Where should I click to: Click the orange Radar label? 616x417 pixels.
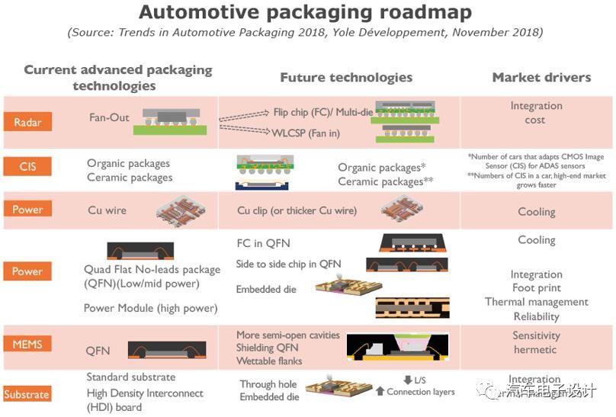pos(27,123)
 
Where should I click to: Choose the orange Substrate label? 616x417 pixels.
pos(27,394)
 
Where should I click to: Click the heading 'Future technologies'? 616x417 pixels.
pos(346,78)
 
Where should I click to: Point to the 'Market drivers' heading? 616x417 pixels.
pos(541,78)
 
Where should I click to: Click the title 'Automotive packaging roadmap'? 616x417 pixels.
pos(305,13)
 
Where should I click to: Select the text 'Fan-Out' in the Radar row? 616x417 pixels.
pos(109,118)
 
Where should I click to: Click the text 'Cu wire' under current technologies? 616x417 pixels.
pos(107,210)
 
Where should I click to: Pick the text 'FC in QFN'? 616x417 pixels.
pos(264,244)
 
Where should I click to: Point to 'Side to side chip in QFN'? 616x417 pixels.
pos(289,264)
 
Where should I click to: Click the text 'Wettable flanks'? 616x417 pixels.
pos(269,361)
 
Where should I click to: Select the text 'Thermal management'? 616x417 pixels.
pos(537,302)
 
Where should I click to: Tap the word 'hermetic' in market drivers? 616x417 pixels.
pos(535,350)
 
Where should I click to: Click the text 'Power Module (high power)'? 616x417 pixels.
pos(150,308)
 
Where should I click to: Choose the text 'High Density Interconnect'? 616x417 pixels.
pos(145,393)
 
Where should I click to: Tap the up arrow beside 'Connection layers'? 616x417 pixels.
pos(380,392)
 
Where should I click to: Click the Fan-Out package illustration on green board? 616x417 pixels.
pos(169,118)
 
